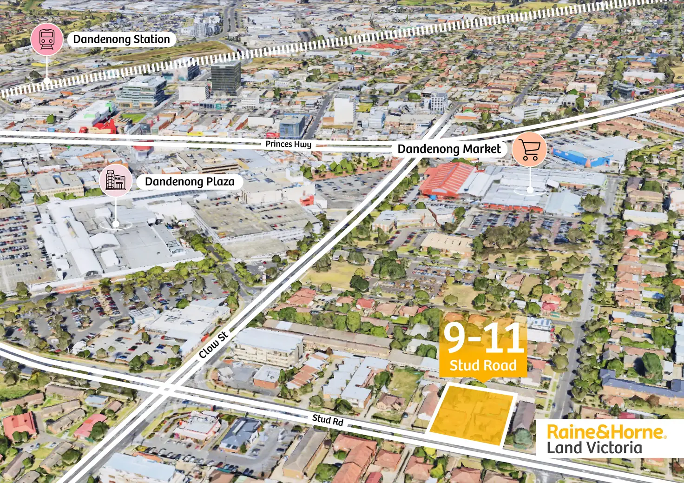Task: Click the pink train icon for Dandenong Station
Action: click(x=47, y=39)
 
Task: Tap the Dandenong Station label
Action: click(x=121, y=40)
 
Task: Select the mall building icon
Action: click(x=115, y=180)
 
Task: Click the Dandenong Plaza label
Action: click(x=190, y=182)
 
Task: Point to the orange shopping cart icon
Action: click(x=529, y=149)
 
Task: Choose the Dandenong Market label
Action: click(x=449, y=149)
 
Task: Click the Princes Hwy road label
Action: click(x=288, y=144)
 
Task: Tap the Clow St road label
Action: click(x=213, y=345)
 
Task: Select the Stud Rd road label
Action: click(x=328, y=420)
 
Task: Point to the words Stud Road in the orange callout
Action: click(x=483, y=365)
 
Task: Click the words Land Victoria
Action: click(x=594, y=448)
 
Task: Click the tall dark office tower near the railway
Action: click(x=226, y=77)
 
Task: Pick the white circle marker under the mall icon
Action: click(x=116, y=225)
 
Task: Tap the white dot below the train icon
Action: click(x=47, y=81)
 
